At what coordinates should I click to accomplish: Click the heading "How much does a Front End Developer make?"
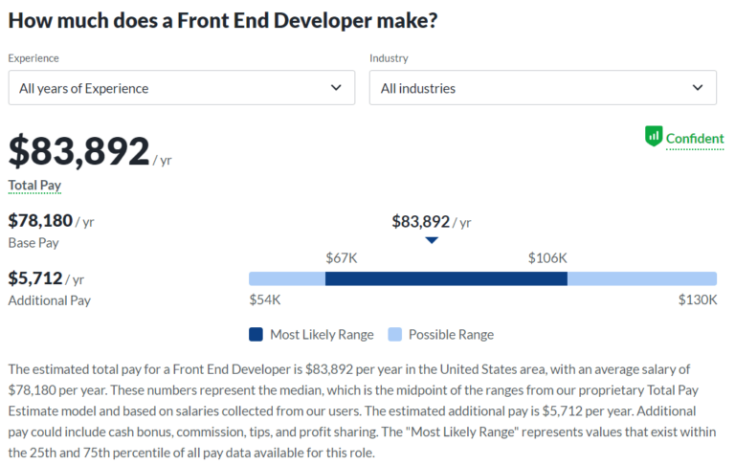click(x=223, y=20)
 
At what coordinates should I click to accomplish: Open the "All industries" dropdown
click(x=543, y=88)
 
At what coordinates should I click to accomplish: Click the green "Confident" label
click(x=695, y=138)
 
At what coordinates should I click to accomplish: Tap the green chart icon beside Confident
click(x=654, y=137)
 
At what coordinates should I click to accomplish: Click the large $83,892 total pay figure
click(x=79, y=151)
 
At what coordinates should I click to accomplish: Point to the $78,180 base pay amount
click(x=40, y=221)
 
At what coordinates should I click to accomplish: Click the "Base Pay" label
click(x=33, y=243)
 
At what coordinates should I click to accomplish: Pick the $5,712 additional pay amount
click(x=35, y=278)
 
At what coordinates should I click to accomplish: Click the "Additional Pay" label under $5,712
click(x=49, y=300)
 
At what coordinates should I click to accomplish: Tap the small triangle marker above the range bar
click(x=432, y=240)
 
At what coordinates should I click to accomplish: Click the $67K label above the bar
click(x=342, y=257)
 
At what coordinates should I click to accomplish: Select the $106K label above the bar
click(x=547, y=257)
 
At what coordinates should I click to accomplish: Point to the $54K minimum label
click(x=264, y=299)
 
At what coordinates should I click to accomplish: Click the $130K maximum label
click(x=698, y=299)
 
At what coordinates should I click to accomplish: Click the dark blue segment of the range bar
click(x=446, y=278)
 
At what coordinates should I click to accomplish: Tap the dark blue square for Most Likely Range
click(x=256, y=335)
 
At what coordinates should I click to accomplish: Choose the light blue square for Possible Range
click(x=394, y=335)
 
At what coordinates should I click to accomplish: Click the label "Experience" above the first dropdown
click(x=33, y=58)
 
